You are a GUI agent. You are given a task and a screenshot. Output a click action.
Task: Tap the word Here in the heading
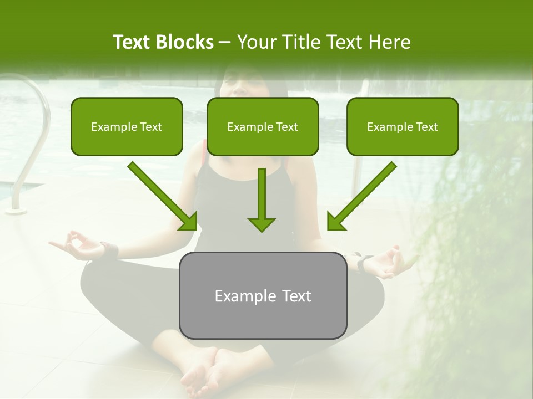(391, 42)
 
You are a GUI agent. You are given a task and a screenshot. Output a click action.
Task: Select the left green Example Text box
(127, 127)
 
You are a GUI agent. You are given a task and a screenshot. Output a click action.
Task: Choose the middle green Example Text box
(263, 127)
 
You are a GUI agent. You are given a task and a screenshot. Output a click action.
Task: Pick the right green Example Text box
(403, 127)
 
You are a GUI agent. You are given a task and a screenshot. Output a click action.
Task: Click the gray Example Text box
(263, 296)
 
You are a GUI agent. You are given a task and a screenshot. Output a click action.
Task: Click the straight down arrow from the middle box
(261, 199)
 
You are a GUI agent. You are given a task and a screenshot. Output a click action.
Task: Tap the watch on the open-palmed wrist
(364, 260)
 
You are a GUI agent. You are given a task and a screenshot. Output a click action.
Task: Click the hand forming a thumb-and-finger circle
(78, 245)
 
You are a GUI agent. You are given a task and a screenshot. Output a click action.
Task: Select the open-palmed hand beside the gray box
(391, 262)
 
